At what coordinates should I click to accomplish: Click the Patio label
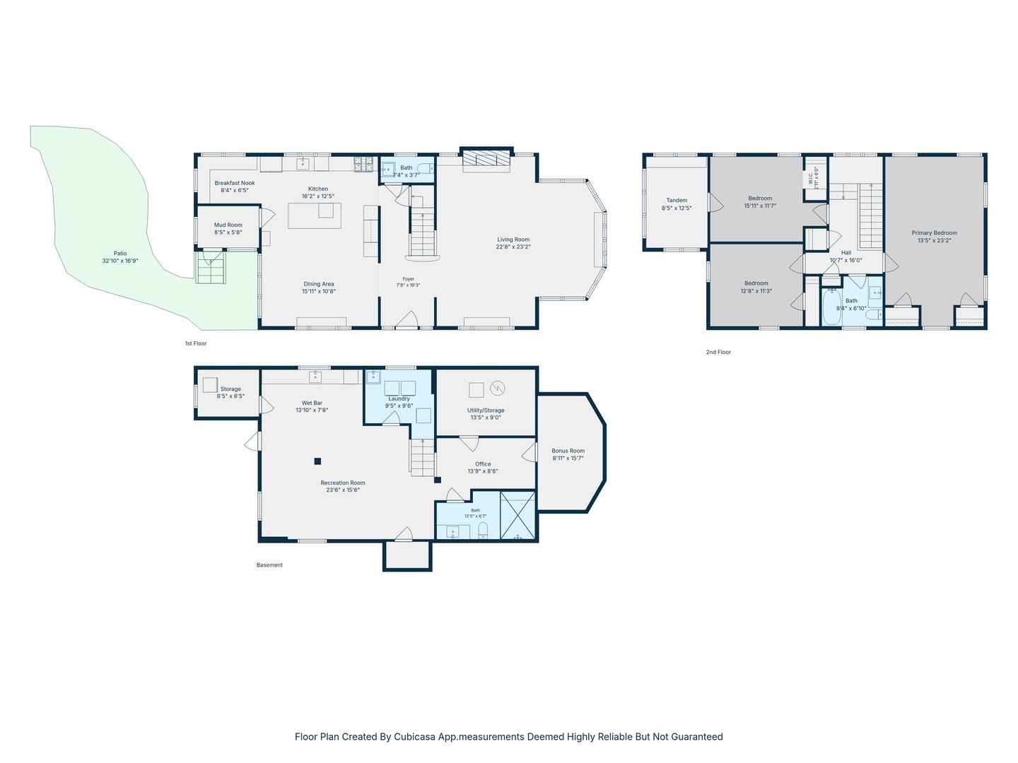tap(120, 254)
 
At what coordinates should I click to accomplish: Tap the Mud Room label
tap(228, 225)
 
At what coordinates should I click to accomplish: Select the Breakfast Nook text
tap(235, 183)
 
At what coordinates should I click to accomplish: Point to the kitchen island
tap(315, 216)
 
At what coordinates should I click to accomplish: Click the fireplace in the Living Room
tap(486, 160)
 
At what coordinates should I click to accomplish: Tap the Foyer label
tap(408, 279)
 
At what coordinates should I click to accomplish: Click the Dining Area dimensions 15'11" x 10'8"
tap(319, 291)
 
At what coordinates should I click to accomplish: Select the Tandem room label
tap(677, 201)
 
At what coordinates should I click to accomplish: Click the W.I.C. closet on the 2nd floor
tap(816, 178)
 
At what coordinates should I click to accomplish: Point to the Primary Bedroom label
tap(934, 233)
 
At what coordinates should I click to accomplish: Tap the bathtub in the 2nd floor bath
tap(831, 307)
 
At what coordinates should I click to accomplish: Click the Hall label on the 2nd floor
tap(846, 253)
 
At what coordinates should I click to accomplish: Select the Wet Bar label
tap(312, 403)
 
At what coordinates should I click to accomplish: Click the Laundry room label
tap(399, 399)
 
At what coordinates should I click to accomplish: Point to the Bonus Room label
tap(568, 451)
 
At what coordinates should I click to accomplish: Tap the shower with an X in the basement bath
tap(517, 516)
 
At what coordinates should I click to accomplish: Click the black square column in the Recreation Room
tap(317, 461)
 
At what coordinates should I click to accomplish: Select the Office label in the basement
tap(483, 463)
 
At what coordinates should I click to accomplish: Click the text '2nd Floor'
tap(718, 352)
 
